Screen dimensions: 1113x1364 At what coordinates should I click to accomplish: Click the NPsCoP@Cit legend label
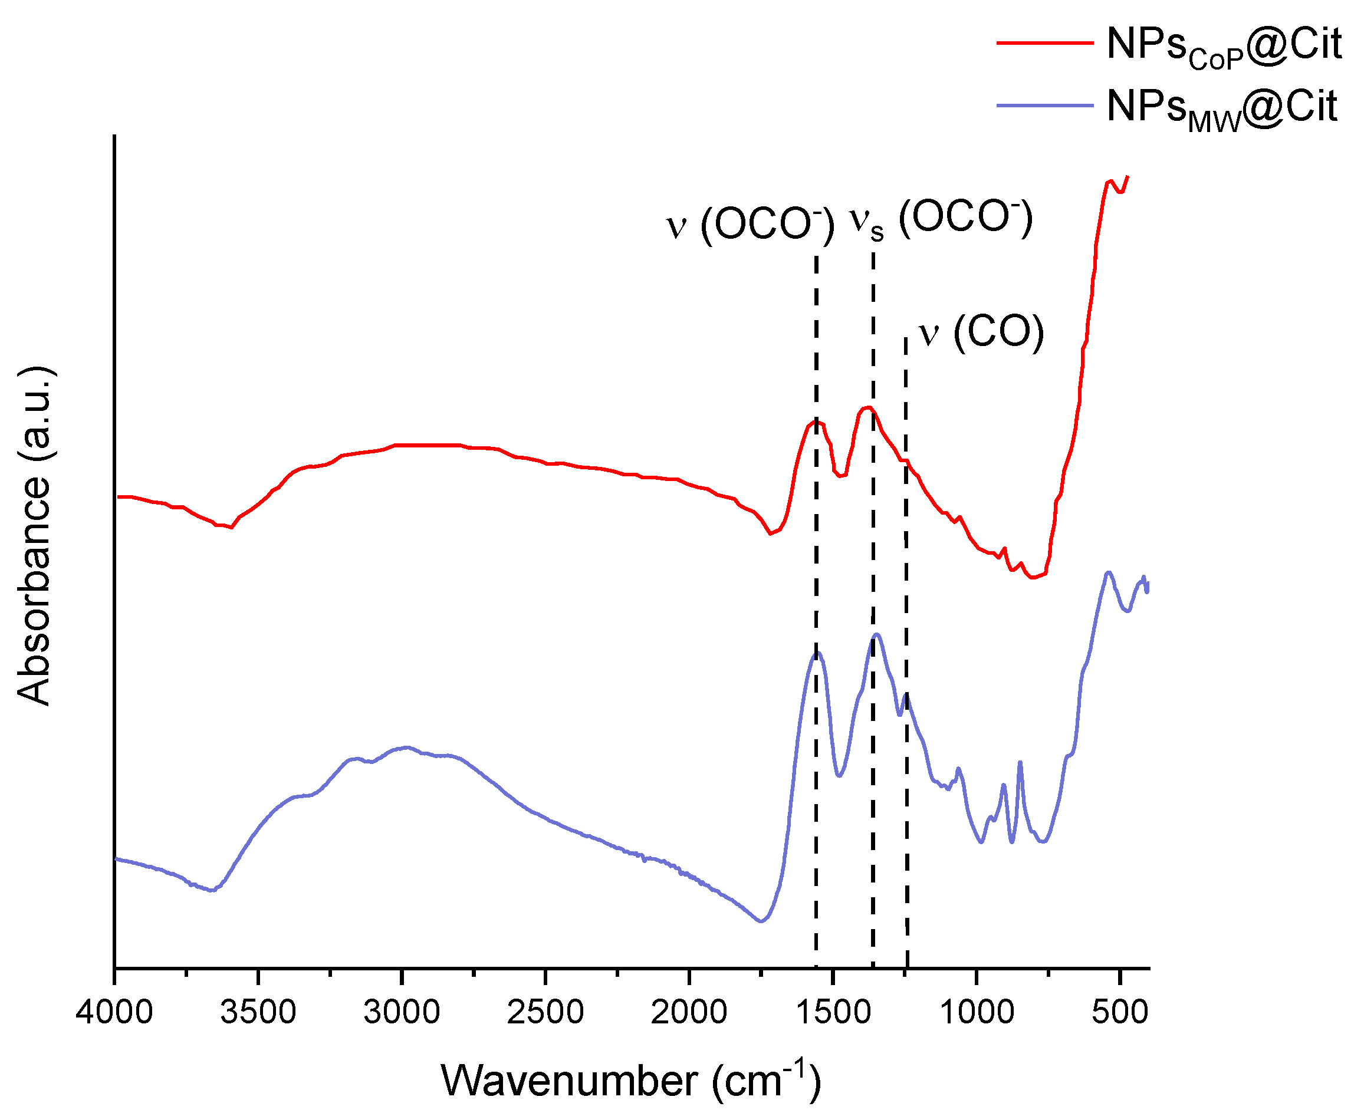click(x=1224, y=46)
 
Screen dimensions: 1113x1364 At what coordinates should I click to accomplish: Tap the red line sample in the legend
click(x=1044, y=43)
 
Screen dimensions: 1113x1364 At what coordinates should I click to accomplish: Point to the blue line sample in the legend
click(x=1044, y=105)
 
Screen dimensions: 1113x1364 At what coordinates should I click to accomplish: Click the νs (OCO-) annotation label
click(x=941, y=219)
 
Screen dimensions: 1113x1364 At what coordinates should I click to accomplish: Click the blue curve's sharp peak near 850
click(x=1020, y=763)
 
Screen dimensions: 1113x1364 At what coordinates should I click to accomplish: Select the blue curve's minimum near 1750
click(x=761, y=921)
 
